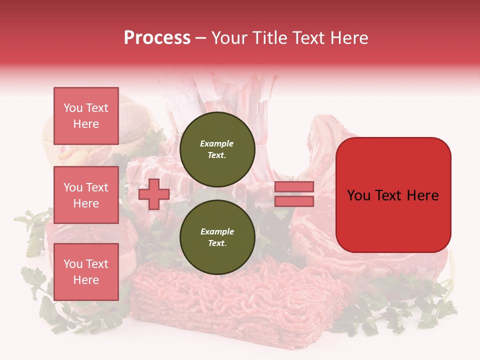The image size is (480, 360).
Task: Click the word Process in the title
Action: [157, 38]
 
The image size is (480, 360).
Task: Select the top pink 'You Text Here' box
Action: [86, 116]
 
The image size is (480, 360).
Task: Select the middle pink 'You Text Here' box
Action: [86, 195]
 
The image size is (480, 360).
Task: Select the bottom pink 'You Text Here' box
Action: [86, 272]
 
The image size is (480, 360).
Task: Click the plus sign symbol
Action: [154, 194]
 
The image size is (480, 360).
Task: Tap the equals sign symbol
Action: [294, 194]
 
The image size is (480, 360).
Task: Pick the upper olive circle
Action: [217, 149]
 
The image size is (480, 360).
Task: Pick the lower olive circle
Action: [217, 237]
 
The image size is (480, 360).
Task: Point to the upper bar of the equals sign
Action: [294, 186]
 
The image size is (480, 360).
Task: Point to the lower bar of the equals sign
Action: [294, 201]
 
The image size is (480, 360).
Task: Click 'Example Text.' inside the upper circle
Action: [217, 149]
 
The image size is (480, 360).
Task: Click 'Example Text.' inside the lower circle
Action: [217, 237]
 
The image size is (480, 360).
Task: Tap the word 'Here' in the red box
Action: [422, 195]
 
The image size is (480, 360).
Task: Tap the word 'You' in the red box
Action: [359, 195]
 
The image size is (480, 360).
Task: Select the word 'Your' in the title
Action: [230, 38]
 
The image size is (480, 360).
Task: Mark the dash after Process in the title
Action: [200, 38]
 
